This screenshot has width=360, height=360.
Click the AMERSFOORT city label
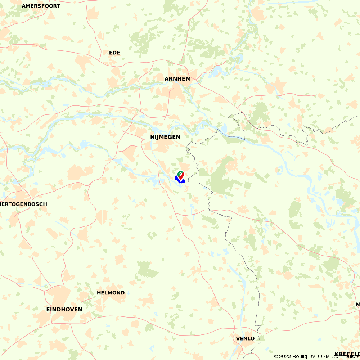(41, 6)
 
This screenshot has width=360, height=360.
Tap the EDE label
(114, 53)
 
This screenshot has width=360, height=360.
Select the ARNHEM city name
(177, 79)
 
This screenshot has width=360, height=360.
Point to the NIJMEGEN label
(165, 137)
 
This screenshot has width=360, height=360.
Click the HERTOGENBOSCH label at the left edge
(24, 204)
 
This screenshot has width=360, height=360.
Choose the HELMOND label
(111, 293)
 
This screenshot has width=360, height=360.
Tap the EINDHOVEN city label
(64, 310)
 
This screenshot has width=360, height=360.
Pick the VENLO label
(245, 339)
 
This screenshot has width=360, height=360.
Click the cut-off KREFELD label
(347, 354)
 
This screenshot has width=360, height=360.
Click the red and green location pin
(180, 175)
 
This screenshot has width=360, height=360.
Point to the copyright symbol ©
(276, 356)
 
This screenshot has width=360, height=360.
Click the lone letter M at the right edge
(358, 305)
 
